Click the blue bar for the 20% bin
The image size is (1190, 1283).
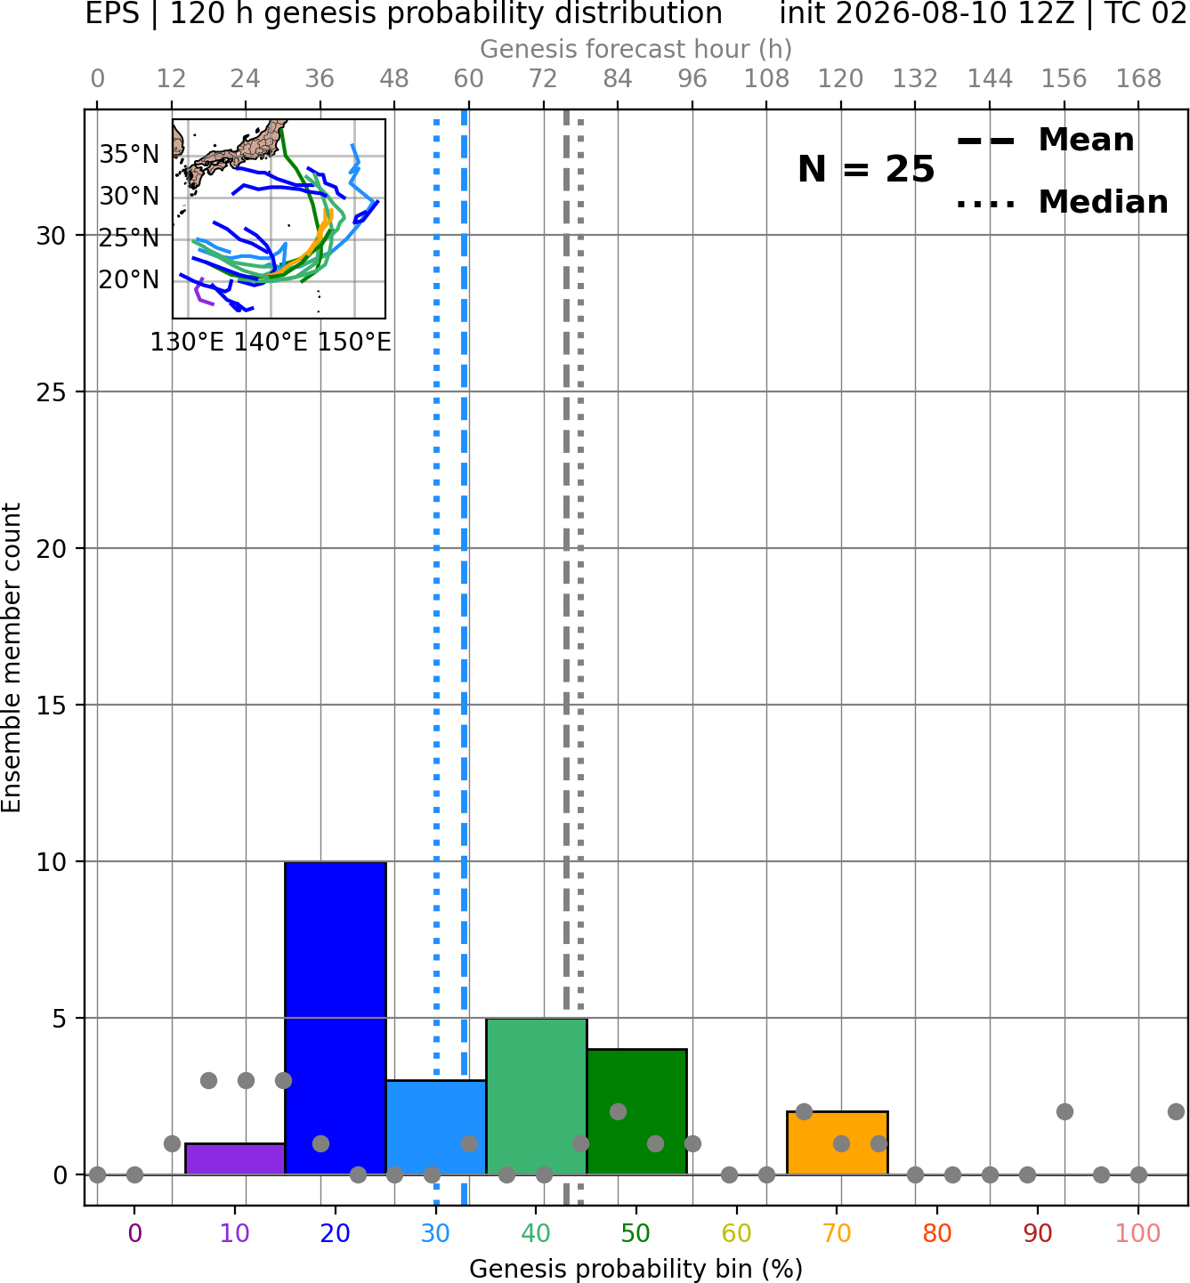click(x=336, y=1018)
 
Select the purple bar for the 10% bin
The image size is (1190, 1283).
click(x=235, y=1159)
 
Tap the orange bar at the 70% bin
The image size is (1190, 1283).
click(x=837, y=1142)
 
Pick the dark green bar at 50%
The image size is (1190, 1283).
click(x=636, y=1112)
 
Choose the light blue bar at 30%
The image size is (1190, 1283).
click(x=435, y=1127)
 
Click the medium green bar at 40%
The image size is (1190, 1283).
click(x=537, y=1096)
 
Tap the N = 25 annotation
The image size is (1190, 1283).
click(x=866, y=169)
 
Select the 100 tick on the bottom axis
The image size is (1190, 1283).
click(x=1138, y=1232)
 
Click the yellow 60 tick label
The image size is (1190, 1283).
click(x=737, y=1232)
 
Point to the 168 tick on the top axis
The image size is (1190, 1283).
click(x=1138, y=79)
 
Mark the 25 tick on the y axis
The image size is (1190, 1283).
click(x=52, y=392)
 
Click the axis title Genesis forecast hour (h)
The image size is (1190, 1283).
click(x=636, y=49)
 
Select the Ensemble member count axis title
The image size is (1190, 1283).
click(x=12, y=658)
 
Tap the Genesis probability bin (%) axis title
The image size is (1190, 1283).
click(x=636, y=1269)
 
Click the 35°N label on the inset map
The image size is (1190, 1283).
click(x=129, y=155)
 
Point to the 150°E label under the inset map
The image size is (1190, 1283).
click(x=354, y=342)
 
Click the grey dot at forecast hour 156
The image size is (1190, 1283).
click(x=1065, y=1112)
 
